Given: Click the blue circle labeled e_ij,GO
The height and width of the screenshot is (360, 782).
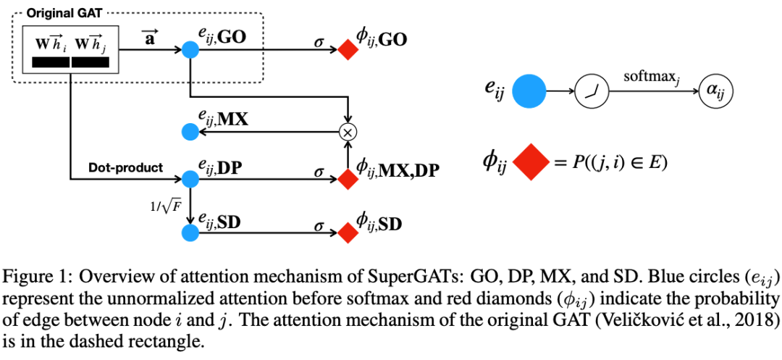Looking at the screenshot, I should point(190,49).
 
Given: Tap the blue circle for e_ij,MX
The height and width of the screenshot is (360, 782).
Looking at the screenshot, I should point(190,132).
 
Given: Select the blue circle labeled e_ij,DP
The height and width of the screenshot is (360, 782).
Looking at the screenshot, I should point(190,178).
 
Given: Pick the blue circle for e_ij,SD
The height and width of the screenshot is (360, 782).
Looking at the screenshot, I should point(190,232).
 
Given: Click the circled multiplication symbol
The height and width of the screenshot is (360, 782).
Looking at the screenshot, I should point(349,132).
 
